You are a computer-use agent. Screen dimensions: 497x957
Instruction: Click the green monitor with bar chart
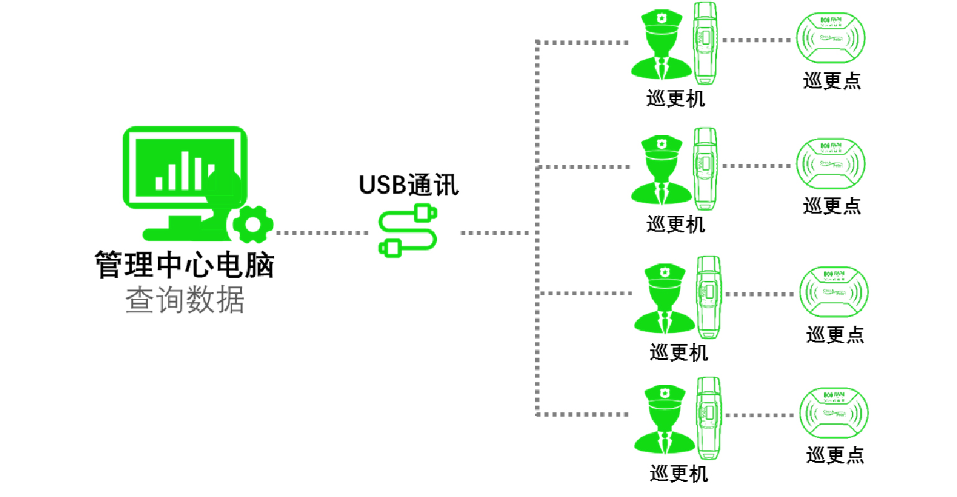185,168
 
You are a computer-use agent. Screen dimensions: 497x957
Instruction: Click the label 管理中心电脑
185,265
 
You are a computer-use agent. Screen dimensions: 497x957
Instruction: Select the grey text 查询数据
185,300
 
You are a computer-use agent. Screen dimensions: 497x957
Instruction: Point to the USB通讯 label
409,185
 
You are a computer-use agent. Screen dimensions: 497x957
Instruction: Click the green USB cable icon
408,231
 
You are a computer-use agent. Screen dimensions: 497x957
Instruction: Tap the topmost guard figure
661,47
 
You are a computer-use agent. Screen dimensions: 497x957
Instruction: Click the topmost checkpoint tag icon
831,39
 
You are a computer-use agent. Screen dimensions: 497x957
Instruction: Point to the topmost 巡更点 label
832,81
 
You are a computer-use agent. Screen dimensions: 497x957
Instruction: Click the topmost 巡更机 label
676,98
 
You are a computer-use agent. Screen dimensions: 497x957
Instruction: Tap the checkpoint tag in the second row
831,164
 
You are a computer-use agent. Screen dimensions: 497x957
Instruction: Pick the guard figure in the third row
665,298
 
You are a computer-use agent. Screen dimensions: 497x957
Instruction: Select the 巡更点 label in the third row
835,334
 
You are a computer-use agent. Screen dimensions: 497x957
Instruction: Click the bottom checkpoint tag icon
834,414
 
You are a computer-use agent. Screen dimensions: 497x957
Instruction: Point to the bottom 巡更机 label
679,473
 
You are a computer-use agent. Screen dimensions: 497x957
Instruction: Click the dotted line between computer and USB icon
322,233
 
